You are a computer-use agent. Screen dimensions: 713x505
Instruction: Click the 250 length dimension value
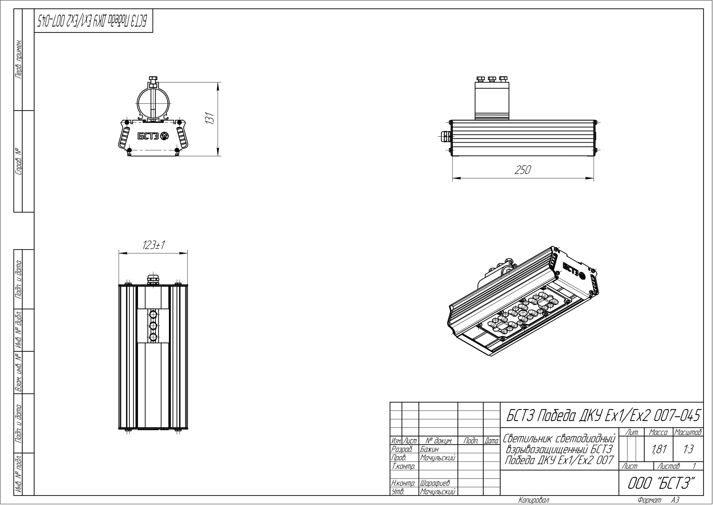(x=523, y=170)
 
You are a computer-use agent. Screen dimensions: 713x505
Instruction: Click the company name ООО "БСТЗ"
(x=661, y=483)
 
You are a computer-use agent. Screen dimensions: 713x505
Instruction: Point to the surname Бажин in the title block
(x=429, y=449)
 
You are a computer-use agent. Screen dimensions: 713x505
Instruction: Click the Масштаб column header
(x=688, y=432)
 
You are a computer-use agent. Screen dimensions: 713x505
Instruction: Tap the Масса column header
(x=658, y=432)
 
